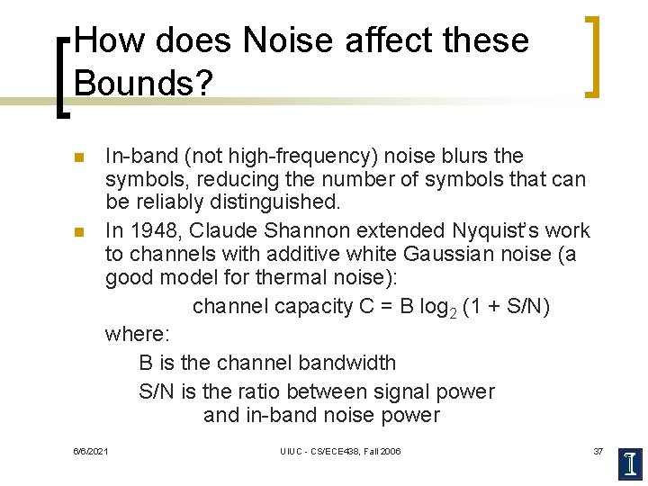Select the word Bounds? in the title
[143, 83]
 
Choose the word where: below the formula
[137, 335]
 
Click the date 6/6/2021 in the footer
[91, 450]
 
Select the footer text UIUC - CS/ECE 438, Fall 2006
[340, 450]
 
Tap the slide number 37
[598, 450]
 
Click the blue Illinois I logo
[631, 463]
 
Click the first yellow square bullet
[79, 157]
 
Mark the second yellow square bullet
[79, 231]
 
